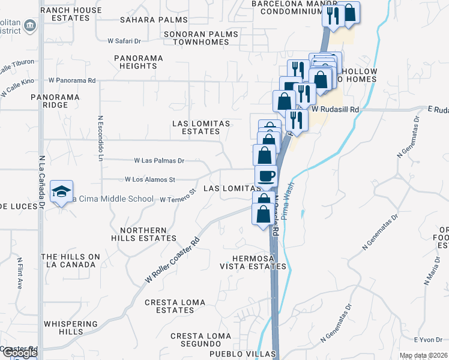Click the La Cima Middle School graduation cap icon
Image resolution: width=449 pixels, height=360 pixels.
click(x=61, y=191)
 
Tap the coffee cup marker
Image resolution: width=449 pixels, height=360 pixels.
click(x=267, y=176)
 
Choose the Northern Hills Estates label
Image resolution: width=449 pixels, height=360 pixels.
click(x=143, y=234)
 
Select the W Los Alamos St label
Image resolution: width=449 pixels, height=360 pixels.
click(x=149, y=179)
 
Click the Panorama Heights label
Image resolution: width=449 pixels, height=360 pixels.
click(x=138, y=62)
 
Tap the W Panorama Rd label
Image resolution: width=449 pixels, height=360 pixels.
click(x=72, y=80)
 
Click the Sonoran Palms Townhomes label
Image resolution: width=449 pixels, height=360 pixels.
click(x=202, y=38)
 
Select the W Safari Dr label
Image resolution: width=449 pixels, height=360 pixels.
click(x=124, y=41)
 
